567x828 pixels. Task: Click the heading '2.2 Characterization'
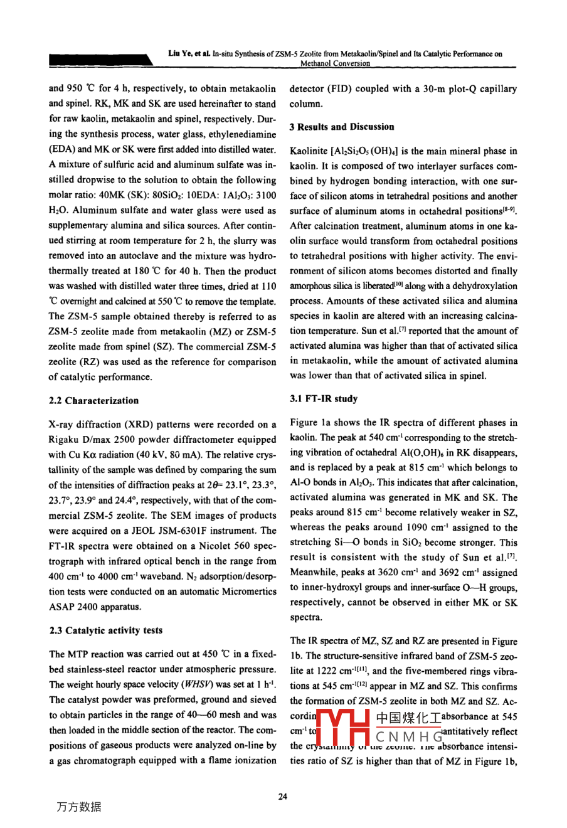tap(93, 401)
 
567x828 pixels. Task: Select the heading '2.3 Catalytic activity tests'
tap(106, 630)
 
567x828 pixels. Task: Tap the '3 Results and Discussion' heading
tap(342, 127)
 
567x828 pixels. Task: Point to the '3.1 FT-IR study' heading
tap(324, 399)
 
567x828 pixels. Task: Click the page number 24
tap(283, 797)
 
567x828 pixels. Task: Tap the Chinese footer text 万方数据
tap(78, 807)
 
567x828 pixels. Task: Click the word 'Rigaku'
tap(64, 440)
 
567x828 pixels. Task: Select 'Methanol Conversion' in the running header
tap(335, 63)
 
